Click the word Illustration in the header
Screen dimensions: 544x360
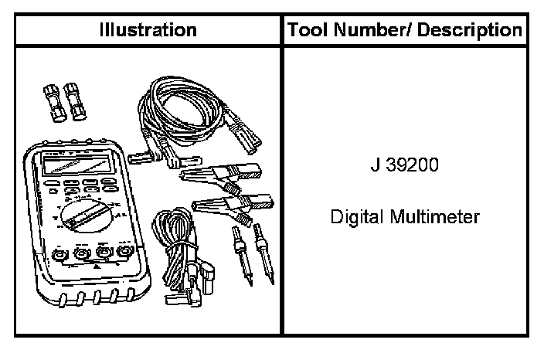coord(148,30)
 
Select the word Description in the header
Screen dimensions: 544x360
coord(469,31)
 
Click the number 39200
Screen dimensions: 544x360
coord(413,165)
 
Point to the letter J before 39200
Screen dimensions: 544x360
coord(376,165)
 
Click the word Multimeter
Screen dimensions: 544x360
coord(435,217)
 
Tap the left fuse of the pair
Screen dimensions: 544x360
coord(54,103)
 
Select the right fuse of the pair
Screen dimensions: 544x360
coord(75,101)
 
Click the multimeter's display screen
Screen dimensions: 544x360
coord(77,165)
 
